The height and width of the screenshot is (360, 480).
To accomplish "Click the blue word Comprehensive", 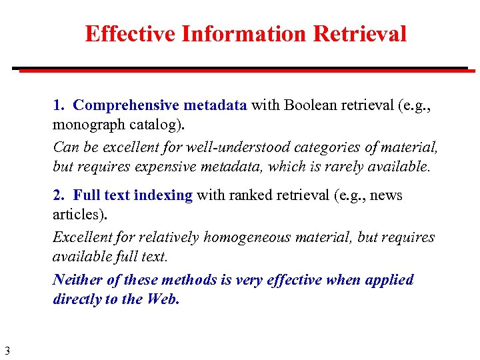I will pyautogui.click(x=126, y=105).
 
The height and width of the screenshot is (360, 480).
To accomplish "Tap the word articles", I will pyautogui.click(x=75, y=215).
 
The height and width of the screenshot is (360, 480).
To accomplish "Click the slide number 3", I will pyautogui.click(x=7, y=351).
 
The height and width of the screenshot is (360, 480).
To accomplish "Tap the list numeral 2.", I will pyautogui.click(x=59, y=195).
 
